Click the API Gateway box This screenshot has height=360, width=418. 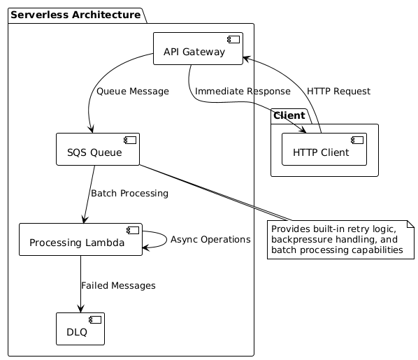198,48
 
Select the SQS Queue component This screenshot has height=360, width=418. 98,149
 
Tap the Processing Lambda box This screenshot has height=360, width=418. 80,240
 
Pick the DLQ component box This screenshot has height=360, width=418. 80,329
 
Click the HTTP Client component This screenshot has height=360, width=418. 324,149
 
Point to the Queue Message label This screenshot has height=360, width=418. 133,92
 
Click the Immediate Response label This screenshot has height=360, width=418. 243,92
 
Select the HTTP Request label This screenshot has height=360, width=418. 338,92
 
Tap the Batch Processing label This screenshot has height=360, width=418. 129,194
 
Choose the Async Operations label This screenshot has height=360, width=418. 210,240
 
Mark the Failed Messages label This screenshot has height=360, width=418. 118,286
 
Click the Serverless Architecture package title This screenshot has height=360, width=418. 75,15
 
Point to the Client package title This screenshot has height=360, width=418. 289,115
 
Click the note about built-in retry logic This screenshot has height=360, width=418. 340,240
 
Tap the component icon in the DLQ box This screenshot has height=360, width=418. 95,319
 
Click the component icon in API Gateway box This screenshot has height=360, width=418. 233,39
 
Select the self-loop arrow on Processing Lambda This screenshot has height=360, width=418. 166,239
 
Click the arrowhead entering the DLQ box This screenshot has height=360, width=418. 80,309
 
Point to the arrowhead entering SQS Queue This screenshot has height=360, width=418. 92,129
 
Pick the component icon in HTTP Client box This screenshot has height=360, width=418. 357,140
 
